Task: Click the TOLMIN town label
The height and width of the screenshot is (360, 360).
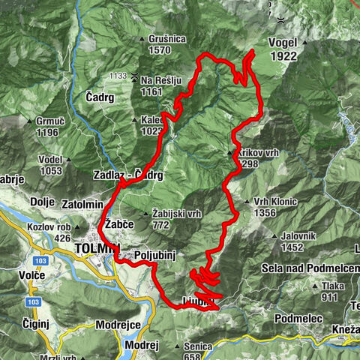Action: tap(97, 247)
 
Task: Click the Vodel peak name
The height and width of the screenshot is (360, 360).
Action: tap(50, 158)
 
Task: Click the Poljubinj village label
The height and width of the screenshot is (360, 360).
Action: tap(154, 256)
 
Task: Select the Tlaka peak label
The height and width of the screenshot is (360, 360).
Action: tap(333, 286)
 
